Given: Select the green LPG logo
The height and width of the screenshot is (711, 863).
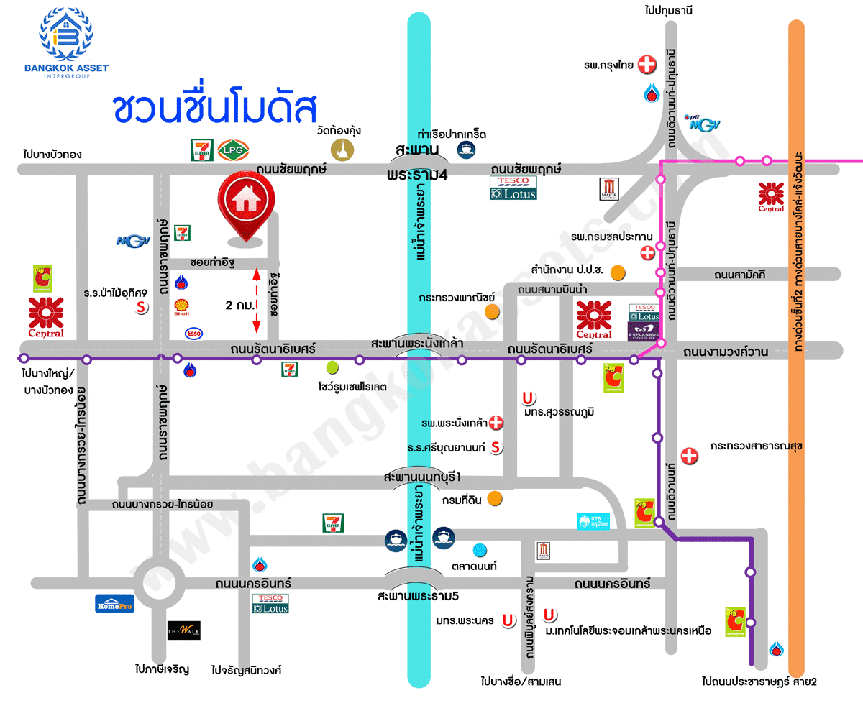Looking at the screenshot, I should coord(232,150).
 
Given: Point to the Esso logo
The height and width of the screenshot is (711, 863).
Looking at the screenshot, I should coord(193,333).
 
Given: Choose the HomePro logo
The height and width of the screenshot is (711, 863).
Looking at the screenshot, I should coord(114,603).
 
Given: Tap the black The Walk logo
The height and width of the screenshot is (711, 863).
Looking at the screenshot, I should coord(183,630).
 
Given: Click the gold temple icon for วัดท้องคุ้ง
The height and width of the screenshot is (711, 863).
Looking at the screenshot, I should coord(343,149).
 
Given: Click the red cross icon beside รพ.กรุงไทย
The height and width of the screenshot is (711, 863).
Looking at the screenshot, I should coord(647,65).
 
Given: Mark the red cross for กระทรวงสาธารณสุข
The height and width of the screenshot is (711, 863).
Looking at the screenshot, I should coord(689,455).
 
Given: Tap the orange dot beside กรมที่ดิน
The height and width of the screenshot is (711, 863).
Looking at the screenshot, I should coord(495,499).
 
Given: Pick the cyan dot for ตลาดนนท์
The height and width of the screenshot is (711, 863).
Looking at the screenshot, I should coord(480,551).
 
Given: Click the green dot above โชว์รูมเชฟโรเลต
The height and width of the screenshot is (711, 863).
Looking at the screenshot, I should coord(332,368).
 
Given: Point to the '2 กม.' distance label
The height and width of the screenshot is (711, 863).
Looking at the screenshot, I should coord(239,305).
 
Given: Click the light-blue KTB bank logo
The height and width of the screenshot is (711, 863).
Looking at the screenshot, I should coord(593,520).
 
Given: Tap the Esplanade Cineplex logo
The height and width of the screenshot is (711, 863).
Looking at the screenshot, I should coord(644,331).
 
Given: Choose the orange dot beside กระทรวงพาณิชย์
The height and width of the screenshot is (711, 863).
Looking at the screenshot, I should coord(492,311).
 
